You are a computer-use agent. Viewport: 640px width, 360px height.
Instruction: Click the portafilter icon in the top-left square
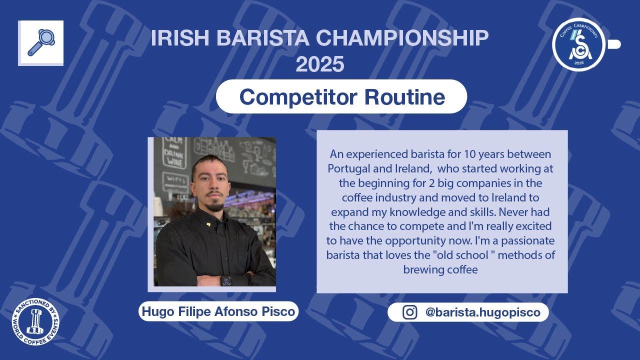40,42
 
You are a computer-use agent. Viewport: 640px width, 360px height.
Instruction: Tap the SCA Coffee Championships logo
579,44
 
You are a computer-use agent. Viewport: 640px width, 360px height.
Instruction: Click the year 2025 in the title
319,64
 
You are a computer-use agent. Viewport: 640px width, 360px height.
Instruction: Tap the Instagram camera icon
410,312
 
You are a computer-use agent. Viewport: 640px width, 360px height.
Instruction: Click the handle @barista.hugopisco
482,312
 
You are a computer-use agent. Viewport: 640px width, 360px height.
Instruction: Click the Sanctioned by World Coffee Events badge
35,321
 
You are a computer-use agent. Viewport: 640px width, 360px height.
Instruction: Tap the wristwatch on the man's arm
226,280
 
